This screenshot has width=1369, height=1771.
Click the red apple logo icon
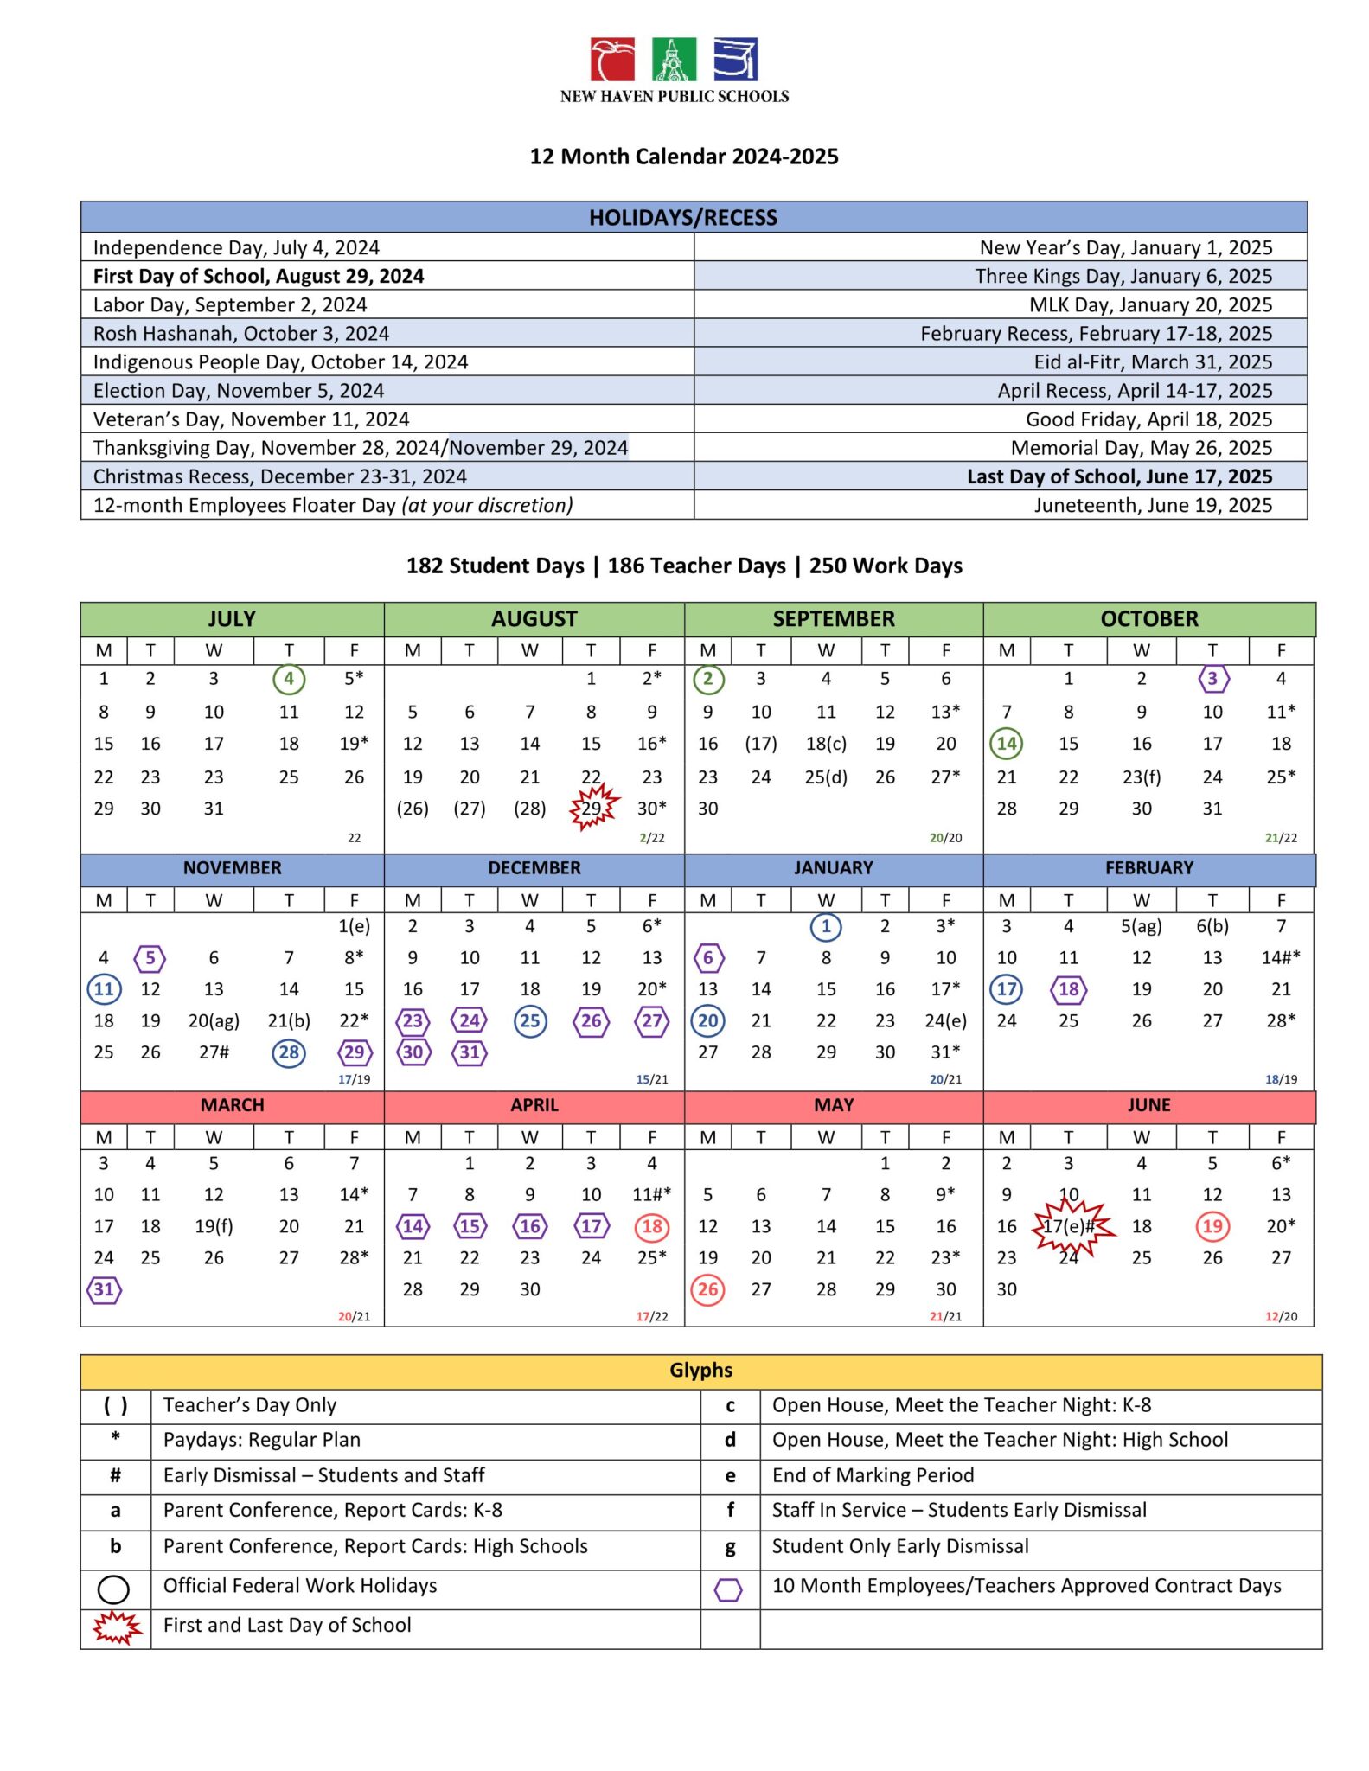pyautogui.click(x=612, y=59)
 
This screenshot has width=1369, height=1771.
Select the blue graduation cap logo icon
pyautogui.click(x=735, y=59)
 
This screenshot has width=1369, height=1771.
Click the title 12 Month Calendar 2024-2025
pyautogui.click(x=684, y=157)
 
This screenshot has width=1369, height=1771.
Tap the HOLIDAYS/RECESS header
pyautogui.click(x=683, y=217)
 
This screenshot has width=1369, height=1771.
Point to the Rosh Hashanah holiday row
pyautogui.click(x=241, y=333)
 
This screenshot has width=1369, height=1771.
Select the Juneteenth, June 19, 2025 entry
pyautogui.click(x=1153, y=505)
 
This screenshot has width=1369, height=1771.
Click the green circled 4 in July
pyautogui.click(x=289, y=679)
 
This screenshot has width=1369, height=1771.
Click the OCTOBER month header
pyautogui.click(x=1149, y=619)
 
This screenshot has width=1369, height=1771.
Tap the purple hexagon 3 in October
pyautogui.click(x=1212, y=679)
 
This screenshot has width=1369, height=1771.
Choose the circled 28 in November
pyautogui.click(x=289, y=1052)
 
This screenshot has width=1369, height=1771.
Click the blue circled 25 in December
pyautogui.click(x=530, y=1021)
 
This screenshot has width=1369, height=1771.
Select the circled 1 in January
pyautogui.click(x=826, y=927)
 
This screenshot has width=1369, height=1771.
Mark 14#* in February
pyautogui.click(x=1281, y=958)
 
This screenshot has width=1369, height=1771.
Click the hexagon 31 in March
pyautogui.click(x=104, y=1289)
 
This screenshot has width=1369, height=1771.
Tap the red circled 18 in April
pyautogui.click(x=652, y=1226)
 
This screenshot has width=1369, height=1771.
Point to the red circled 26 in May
pyautogui.click(x=708, y=1289)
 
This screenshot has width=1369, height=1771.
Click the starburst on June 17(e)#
pyautogui.click(x=1071, y=1226)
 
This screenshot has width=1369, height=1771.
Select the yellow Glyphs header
pyautogui.click(x=700, y=1371)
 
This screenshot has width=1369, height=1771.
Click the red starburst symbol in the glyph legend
pyautogui.click(x=116, y=1627)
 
